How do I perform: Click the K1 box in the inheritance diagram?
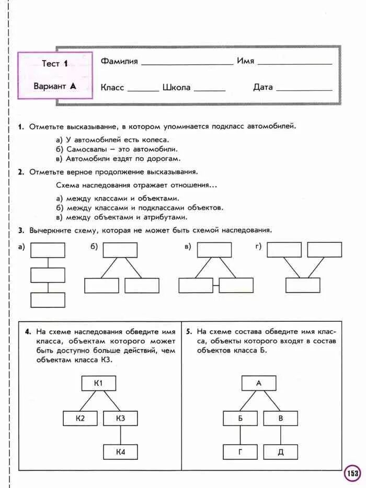click(x=98, y=384)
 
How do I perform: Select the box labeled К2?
click(x=80, y=419)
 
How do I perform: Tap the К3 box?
click(x=120, y=419)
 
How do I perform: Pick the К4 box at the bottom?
click(x=120, y=452)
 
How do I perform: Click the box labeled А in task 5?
click(x=258, y=383)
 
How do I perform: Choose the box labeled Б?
click(x=240, y=418)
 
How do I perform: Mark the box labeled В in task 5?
click(x=280, y=418)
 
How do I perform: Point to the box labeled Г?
click(x=240, y=452)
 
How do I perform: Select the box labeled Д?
click(x=280, y=452)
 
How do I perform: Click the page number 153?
click(x=352, y=474)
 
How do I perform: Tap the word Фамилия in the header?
click(x=119, y=61)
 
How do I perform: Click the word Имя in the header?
click(x=245, y=61)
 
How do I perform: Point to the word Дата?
click(x=263, y=87)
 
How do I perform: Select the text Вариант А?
click(x=55, y=86)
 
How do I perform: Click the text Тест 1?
click(x=55, y=64)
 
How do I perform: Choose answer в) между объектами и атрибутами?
click(x=121, y=217)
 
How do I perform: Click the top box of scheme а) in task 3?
click(x=48, y=250)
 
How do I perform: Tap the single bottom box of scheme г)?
click(x=303, y=285)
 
